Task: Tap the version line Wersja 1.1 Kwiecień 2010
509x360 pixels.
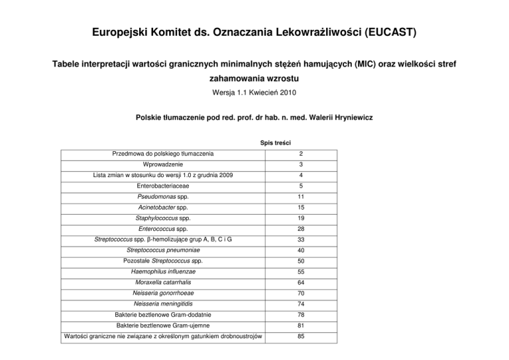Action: click(254, 93)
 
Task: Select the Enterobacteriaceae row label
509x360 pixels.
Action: click(163, 186)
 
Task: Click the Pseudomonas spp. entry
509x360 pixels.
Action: click(163, 197)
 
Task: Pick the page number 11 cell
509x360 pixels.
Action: click(300, 197)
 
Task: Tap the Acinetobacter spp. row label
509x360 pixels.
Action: click(163, 208)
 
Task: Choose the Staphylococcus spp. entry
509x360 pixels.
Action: click(163, 218)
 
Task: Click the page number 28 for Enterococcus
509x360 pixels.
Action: click(300, 229)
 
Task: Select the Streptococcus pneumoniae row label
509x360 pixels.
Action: click(163, 250)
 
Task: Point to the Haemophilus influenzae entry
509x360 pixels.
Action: click(163, 272)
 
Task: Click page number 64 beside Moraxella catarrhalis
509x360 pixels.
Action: click(300, 282)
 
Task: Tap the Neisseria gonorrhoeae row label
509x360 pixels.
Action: click(163, 293)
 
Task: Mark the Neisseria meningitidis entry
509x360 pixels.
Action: click(163, 304)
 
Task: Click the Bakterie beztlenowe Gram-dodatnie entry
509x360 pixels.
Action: click(163, 315)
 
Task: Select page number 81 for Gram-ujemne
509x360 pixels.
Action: click(300, 326)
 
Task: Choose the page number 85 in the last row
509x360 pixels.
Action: click(300, 336)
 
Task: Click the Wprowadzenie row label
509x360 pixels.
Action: click(163, 164)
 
